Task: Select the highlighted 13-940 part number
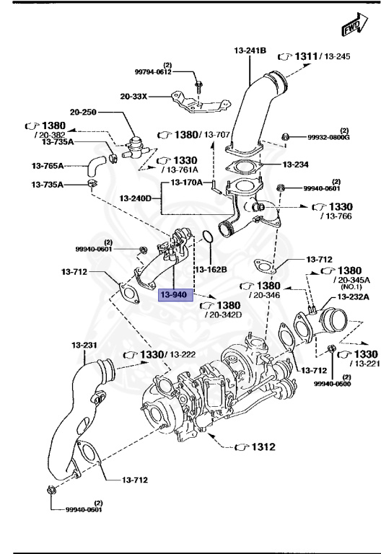[174, 295]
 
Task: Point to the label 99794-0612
[153, 71]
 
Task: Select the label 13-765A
[48, 166]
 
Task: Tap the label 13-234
[296, 164]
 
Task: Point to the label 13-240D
[136, 198]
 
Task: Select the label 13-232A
[352, 296]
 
